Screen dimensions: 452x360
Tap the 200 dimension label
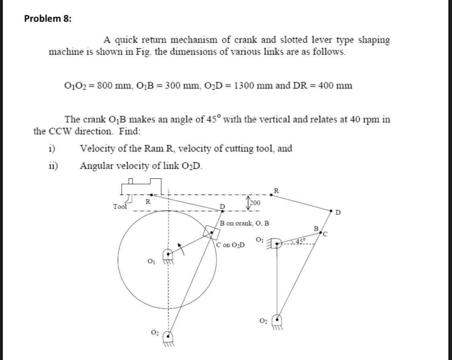254,202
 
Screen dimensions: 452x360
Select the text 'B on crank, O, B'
244,223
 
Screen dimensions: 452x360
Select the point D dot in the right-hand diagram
331,210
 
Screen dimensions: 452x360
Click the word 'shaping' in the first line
374,40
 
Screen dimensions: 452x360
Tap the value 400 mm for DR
335,85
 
